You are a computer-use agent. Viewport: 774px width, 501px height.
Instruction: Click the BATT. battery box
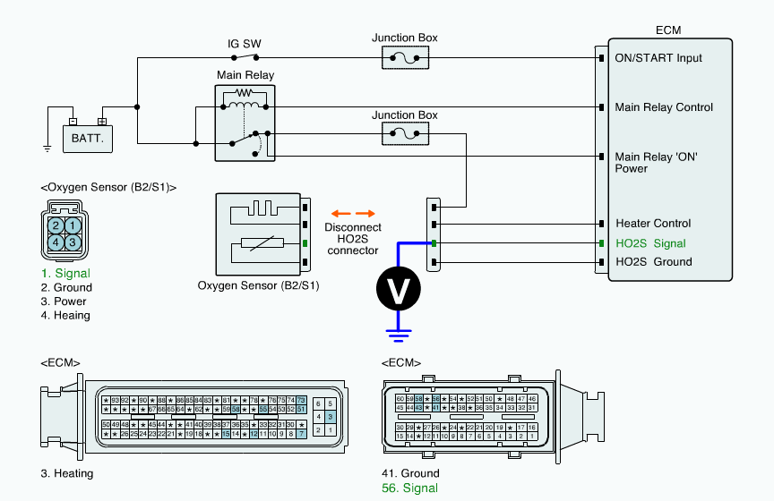88,139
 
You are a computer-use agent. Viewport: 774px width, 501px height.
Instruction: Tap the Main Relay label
245,75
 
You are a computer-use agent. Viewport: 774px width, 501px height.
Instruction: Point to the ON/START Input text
658,59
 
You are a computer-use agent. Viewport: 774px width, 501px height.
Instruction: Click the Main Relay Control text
664,107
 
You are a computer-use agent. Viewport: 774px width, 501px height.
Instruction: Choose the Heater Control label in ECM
653,224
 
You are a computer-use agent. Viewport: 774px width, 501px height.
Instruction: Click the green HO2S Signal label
650,243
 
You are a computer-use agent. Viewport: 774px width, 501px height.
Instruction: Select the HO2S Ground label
653,262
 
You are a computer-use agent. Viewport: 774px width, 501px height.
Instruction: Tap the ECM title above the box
668,30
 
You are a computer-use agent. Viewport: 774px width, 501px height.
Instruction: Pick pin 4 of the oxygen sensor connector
56,242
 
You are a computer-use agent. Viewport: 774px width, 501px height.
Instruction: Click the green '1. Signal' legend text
65,273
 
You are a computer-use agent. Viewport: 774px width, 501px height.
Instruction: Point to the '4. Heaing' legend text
65,315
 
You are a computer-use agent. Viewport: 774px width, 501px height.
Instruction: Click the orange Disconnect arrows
351,214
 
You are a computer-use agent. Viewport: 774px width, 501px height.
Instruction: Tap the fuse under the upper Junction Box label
405,58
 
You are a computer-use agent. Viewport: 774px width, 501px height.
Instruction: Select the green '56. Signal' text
409,488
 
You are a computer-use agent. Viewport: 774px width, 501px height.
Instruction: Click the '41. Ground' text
410,473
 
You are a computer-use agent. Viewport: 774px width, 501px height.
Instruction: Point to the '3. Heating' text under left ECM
66,473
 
